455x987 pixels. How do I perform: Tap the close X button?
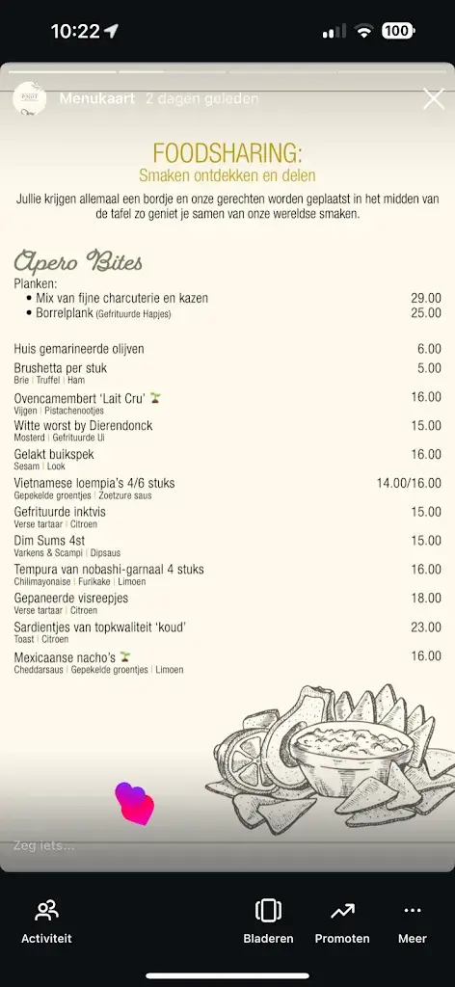click(x=433, y=98)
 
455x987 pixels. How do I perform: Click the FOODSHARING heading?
click(x=227, y=152)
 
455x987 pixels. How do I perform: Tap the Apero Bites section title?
click(x=78, y=261)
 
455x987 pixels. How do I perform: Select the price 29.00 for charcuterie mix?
click(x=425, y=299)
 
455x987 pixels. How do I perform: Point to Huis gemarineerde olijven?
click(x=79, y=349)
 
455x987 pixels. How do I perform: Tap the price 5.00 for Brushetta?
click(x=429, y=368)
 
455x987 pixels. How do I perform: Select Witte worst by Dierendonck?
click(x=83, y=425)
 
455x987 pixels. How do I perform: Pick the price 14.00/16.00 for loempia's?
click(x=409, y=483)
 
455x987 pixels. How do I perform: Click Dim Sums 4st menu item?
click(x=49, y=541)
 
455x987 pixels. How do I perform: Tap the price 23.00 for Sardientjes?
click(x=425, y=627)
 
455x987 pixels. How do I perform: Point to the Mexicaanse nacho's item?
click(x=66, y=656)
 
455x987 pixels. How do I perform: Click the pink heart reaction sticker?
click(x=135, y=804)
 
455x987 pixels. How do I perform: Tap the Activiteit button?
click(x=46, y=920)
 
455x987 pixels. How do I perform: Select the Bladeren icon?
click(x=268, y=911)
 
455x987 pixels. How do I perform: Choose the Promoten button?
click(x=342, y=920)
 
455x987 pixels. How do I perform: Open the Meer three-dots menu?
click(x=413, y=920)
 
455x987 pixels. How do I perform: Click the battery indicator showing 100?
click(x=397, y=31)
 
